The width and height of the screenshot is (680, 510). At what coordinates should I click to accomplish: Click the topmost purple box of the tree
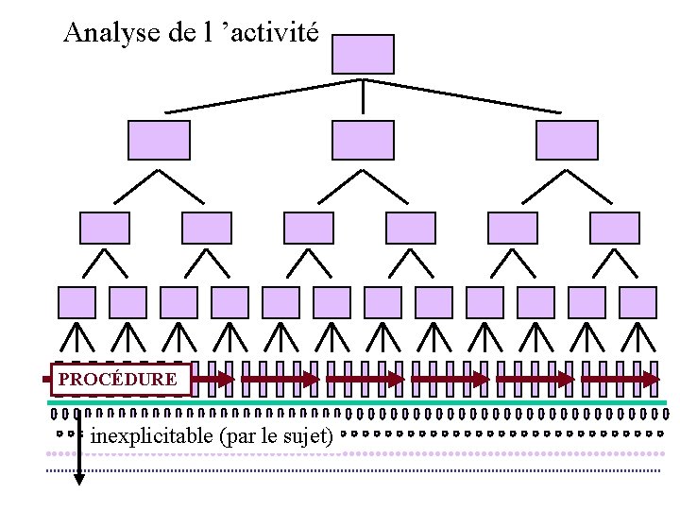(363, 54)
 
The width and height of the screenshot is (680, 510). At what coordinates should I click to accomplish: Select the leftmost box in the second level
(159, 140)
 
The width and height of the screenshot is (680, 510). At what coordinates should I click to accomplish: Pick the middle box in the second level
(363, 140)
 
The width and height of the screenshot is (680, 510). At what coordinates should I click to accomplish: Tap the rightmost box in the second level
(567, 140)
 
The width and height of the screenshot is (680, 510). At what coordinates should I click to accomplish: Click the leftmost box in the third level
(105, 229)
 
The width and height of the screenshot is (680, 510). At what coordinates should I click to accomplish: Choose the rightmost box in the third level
(614, 229)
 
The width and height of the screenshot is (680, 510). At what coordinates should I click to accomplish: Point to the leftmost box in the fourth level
(77, 302)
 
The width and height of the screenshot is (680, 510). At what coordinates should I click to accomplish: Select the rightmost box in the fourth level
(638, 302)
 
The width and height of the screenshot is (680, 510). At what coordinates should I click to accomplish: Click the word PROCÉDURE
(117, 380)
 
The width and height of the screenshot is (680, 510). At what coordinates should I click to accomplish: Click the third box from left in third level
(309, 229)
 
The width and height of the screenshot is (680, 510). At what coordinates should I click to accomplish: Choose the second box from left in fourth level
(128, 302)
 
